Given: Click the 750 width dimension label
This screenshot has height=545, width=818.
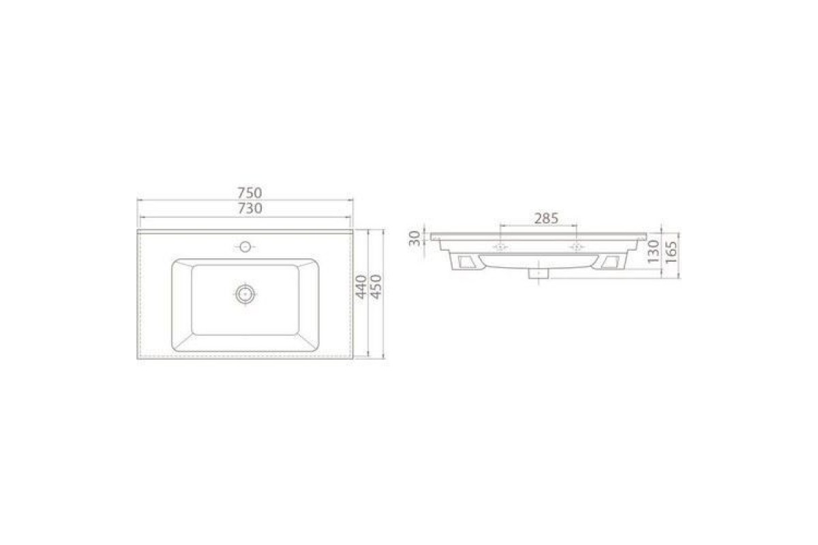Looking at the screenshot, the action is point(249,192).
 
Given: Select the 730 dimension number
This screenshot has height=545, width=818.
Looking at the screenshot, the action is point(249,208).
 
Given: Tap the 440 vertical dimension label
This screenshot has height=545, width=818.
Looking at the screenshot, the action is point(361,287).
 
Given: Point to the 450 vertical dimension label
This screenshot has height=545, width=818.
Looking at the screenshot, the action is point(376,287).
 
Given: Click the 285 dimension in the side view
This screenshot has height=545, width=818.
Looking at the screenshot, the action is point(546,218).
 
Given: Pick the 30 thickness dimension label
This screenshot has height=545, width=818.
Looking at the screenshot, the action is point(415,238).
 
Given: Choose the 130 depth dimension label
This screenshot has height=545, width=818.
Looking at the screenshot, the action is point(653,251).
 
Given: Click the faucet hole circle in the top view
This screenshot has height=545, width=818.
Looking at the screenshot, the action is point(245,247).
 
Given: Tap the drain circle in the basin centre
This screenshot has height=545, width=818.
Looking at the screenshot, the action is point(245,294).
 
